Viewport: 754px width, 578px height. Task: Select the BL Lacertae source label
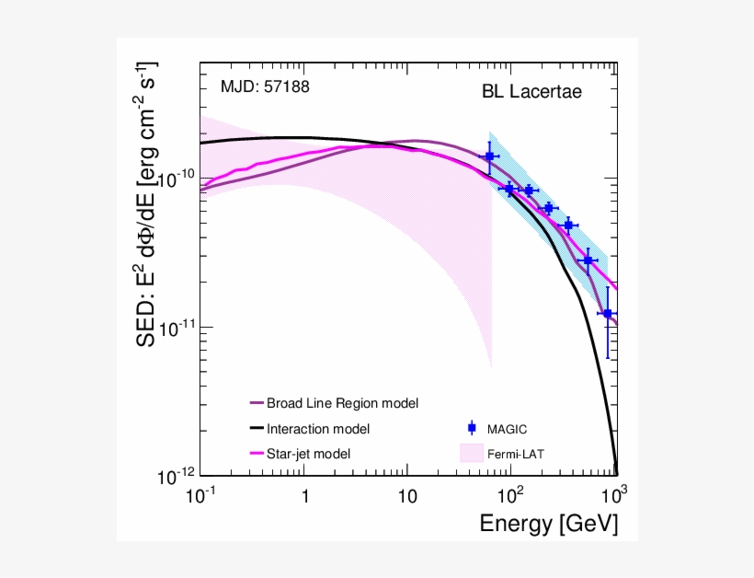[532, 92]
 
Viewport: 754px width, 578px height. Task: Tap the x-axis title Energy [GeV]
[548, 524]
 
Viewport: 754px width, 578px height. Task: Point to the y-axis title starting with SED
[147, 204]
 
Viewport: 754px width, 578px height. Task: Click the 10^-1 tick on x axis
[200, 495]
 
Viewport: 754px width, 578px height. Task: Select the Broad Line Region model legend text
[342, 403]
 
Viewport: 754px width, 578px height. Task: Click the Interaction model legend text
[318, 428]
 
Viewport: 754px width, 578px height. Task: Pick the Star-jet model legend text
[309, 453]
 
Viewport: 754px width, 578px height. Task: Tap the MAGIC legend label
[507, 428]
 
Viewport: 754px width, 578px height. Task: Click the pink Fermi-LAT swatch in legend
[471, 452]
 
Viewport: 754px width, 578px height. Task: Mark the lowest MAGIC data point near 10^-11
[607, 314]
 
